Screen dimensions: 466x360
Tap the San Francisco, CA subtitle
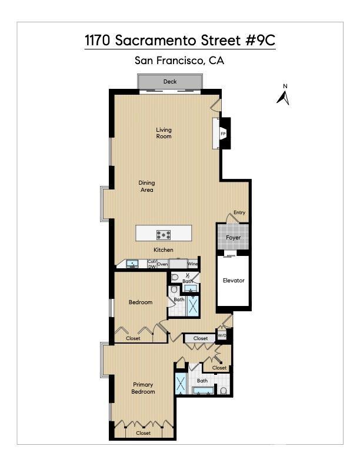[x=179, y=60]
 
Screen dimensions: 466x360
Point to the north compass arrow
[x=284, y=96]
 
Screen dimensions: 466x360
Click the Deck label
[x=170, y=82]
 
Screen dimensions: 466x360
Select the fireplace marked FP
[x=224, y=134]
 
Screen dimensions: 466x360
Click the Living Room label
[x=164, y=133]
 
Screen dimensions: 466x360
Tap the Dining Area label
[x=146, y=187]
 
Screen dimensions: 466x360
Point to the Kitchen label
[x=163, y=250]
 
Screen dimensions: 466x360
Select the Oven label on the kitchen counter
[x=162, y=264]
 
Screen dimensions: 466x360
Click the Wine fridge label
[x=192, y=264]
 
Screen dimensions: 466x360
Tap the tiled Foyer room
[x=233, y=237]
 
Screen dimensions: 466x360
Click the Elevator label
[x=233, y=281]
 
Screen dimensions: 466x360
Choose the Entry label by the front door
[x=239, y=212]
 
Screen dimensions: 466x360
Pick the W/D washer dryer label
[x=222, y=335]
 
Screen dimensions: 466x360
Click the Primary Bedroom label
[x=143, y=388]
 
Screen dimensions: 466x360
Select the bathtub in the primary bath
[x=203, y=391]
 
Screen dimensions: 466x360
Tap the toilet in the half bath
[x=175, y=277]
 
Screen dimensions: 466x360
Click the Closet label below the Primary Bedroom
[x=143, y=433]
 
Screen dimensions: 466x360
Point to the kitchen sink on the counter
[x=131, y=264]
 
